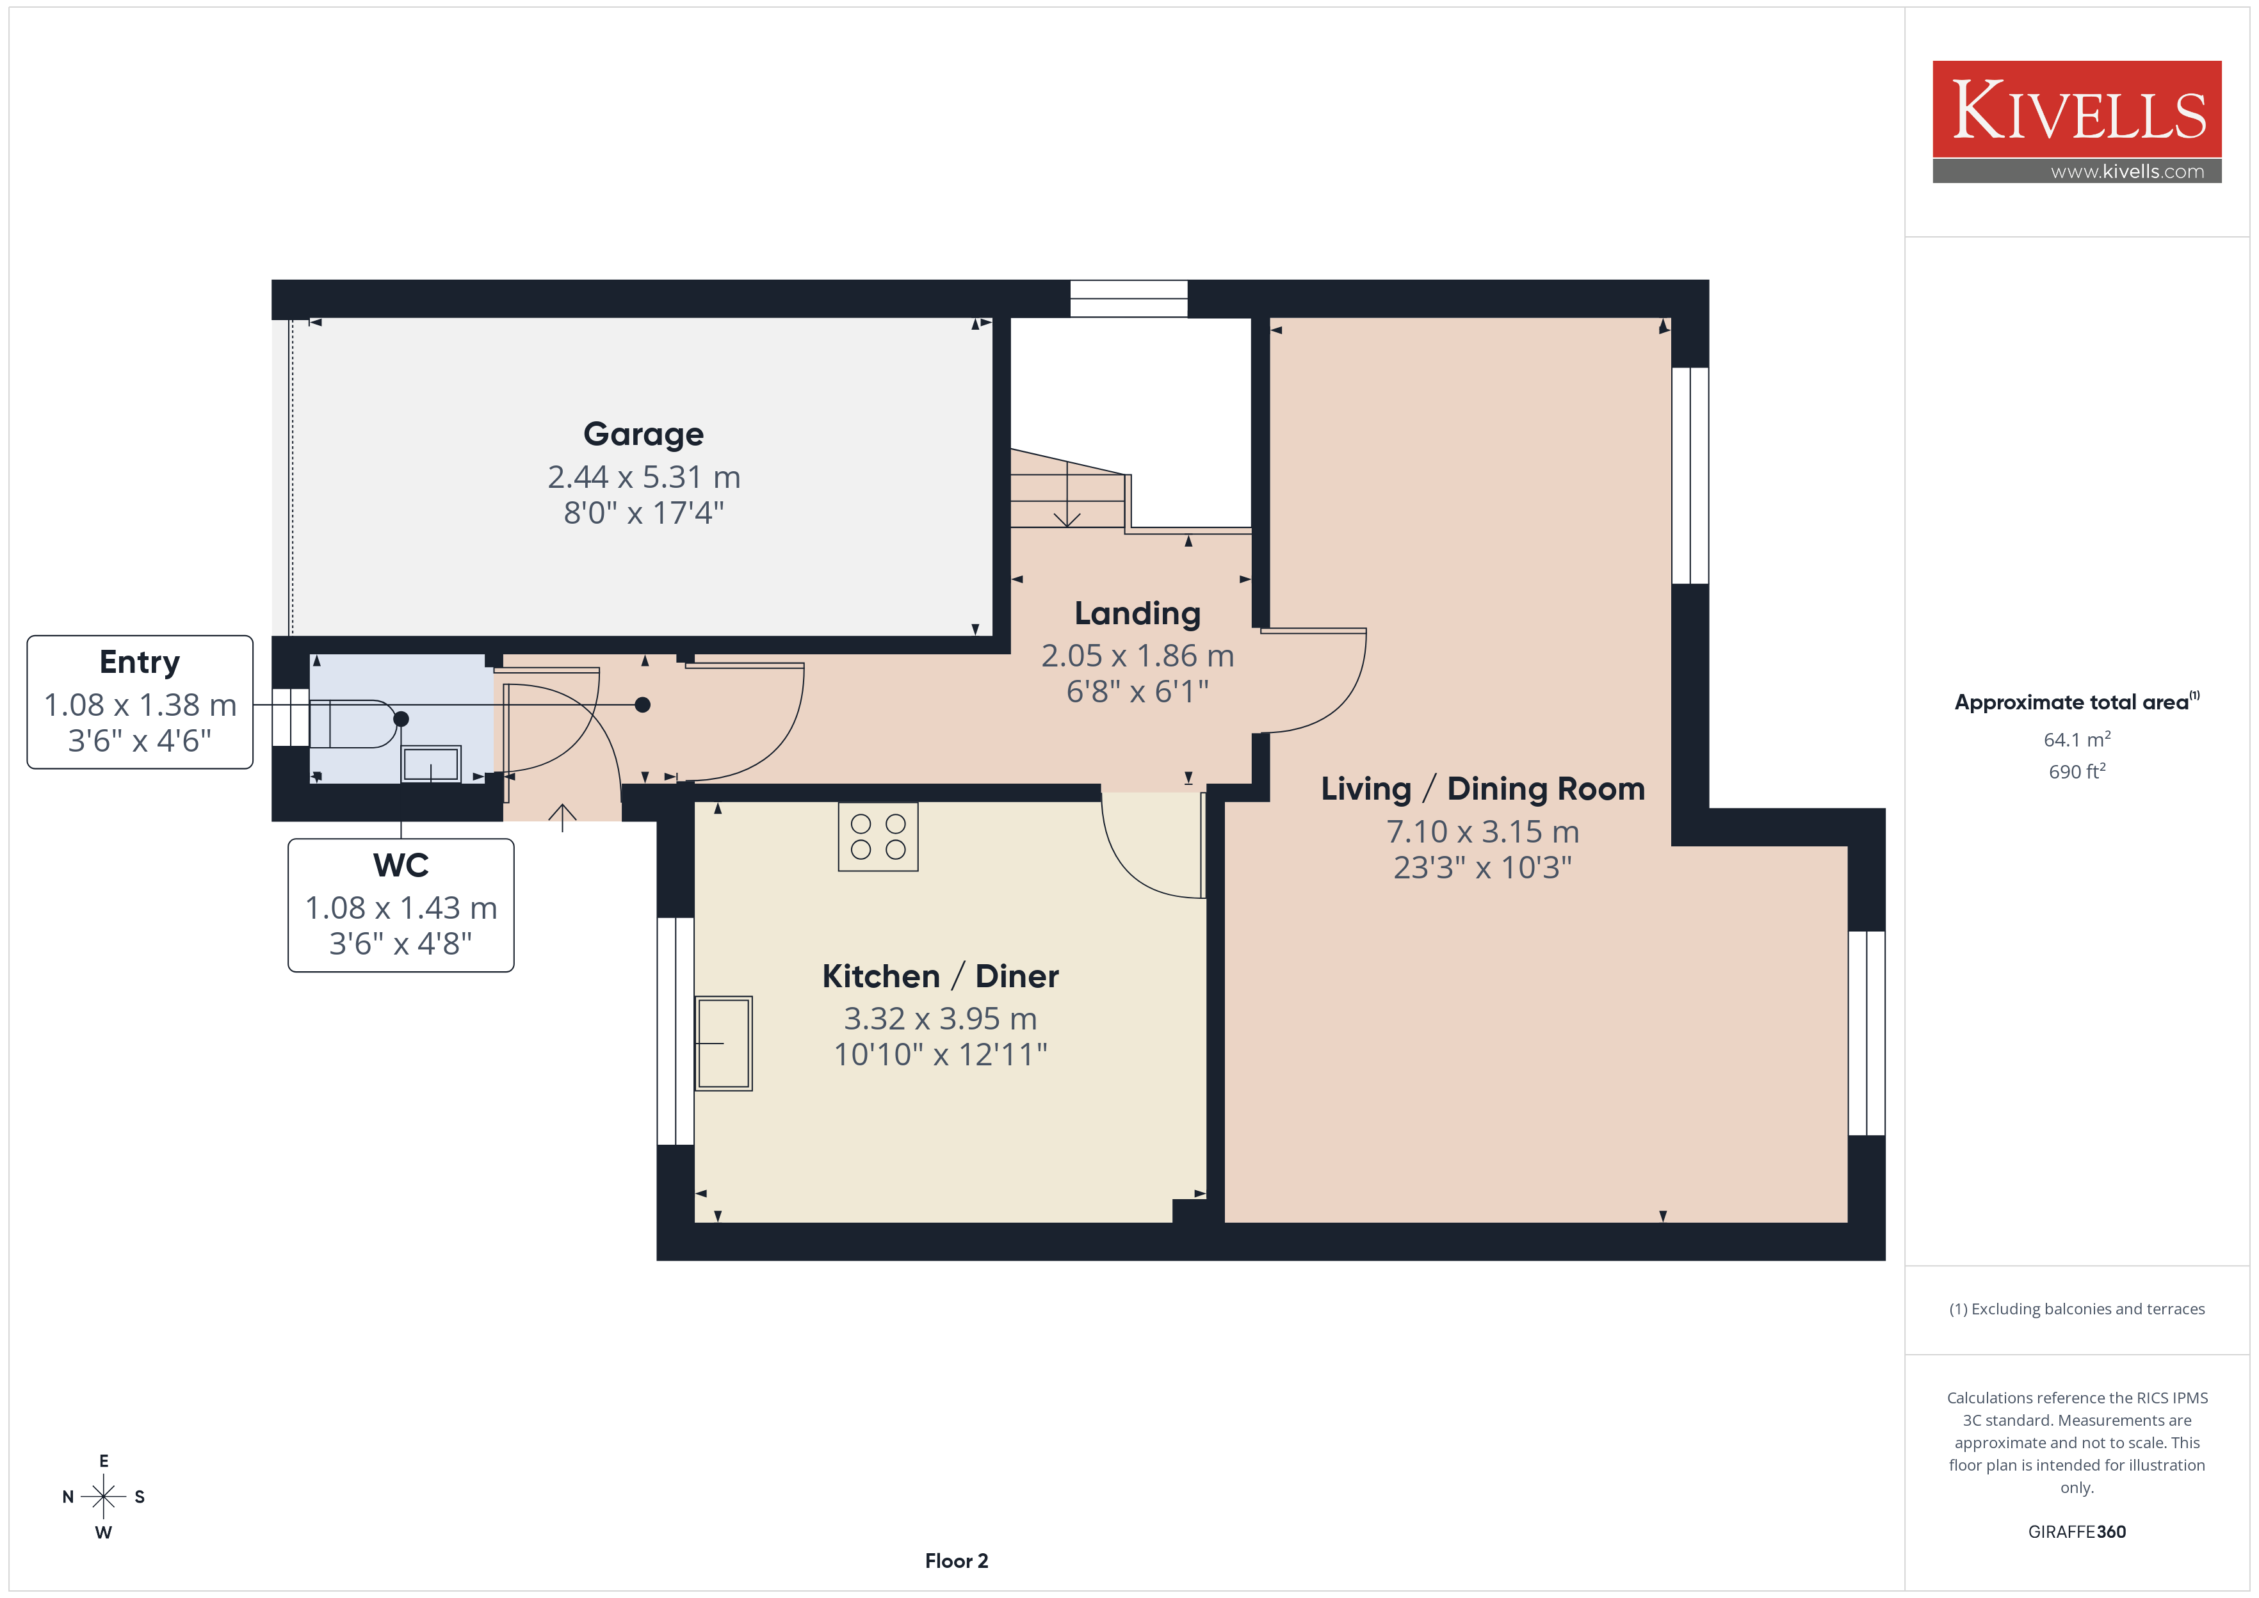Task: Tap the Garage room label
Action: pos(644,434)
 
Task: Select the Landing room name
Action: pos(1137,614)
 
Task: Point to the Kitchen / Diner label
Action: pos(941,976)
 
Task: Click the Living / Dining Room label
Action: pos(1483,789)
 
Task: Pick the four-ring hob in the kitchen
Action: pos(878,836)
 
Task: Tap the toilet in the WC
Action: pos(354,723)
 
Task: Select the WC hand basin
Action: pos(431,764)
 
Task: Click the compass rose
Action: pos(103,1497)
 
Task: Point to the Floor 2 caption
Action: pos(957,1561)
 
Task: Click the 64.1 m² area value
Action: pos(2077,739)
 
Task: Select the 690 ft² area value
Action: pos(2077,771)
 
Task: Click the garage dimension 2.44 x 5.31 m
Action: pos(644,477)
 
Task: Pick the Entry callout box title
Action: pos(140,662)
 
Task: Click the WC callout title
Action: pos(400,865)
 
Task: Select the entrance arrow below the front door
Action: pos(562,818)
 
